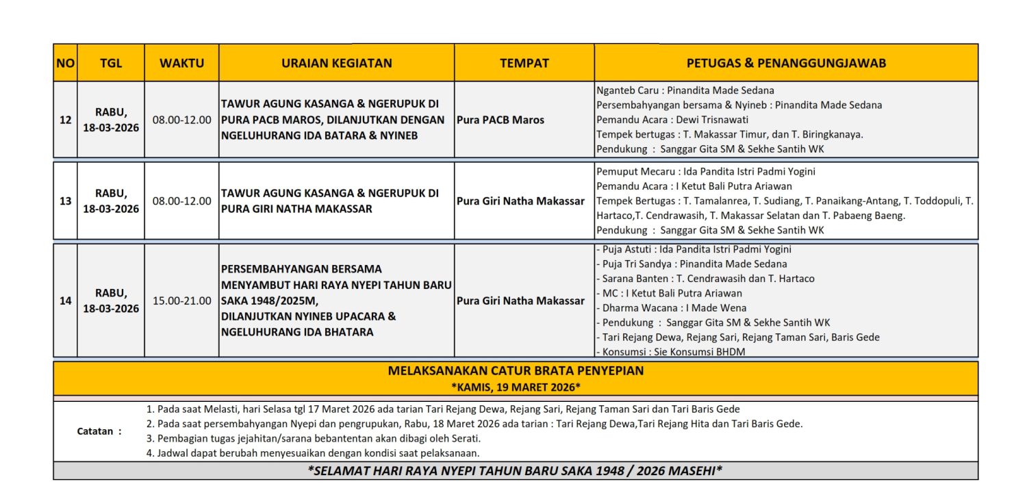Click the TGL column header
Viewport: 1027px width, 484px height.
click(x=111, y=63)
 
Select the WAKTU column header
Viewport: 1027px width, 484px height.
click(x=181, y=63)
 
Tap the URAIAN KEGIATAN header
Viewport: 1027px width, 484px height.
click(x=336, y=63)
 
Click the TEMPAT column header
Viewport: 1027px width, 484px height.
click(x=524, y=63)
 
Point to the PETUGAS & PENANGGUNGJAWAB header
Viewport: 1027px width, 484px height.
click(x=786, y=63)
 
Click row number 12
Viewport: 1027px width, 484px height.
click(x=65, y=120)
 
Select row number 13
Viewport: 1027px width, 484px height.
click(x=65, y=201)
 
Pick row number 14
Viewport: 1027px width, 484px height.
click(x=65, y=301)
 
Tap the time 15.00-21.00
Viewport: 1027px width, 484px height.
click(x=181, y=301)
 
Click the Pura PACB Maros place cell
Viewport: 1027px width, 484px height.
click(x=500, y=120)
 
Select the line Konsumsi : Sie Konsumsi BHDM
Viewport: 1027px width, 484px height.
click(x=670, y=352)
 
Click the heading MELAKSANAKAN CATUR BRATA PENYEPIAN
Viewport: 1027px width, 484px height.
click(x=516, y=371)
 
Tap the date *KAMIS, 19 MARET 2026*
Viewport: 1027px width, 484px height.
click(x=516, y=387)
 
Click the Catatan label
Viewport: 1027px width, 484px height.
click(x=99, y=431)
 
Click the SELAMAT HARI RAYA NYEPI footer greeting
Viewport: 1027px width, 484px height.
click(x=515, y=471)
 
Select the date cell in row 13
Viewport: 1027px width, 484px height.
click(x=111, y=201)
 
